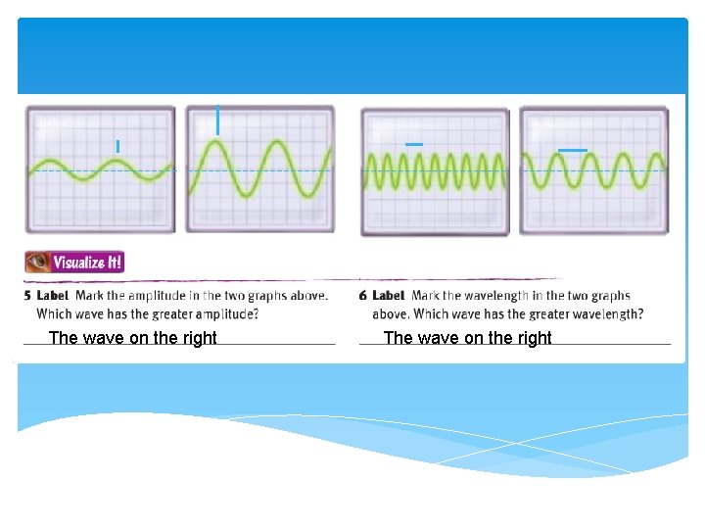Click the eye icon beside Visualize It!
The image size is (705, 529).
pyautogui.click(x=39, y=263)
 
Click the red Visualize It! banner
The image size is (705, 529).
pyautogui.click(x=87, y=263)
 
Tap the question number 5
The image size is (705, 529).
pyautogui.click(x=28, y=296)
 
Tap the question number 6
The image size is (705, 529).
pyautogui.click(x=363, y=296)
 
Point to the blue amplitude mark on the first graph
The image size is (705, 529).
pyautogui.click(x=117, y=146)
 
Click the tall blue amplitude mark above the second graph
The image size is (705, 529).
pyautogui.click(x=217, y=120)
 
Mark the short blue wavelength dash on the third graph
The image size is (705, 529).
pyautogui.click(x=414, y=145)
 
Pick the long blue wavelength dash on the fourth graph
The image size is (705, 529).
pyautogui.click(x=572, y=150)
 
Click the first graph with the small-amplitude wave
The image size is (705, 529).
pyautogui.click(x=101, y=169)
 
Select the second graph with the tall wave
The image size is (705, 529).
pyautogui.click(x=259, y=169)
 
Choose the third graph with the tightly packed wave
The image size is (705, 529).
pyautogui.click(x=435, y=172)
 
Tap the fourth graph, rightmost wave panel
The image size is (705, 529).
pyautogui.click(x=593, y=170)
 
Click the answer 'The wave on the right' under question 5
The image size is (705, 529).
pyautogui.click(x=133, y=338)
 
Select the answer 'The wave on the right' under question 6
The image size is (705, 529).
pyautogui.click(x=468, y=338)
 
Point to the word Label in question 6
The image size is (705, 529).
pyautogui.click(x=389, y=296)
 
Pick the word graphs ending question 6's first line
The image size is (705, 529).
pyautogui.click(x=611, y=296)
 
